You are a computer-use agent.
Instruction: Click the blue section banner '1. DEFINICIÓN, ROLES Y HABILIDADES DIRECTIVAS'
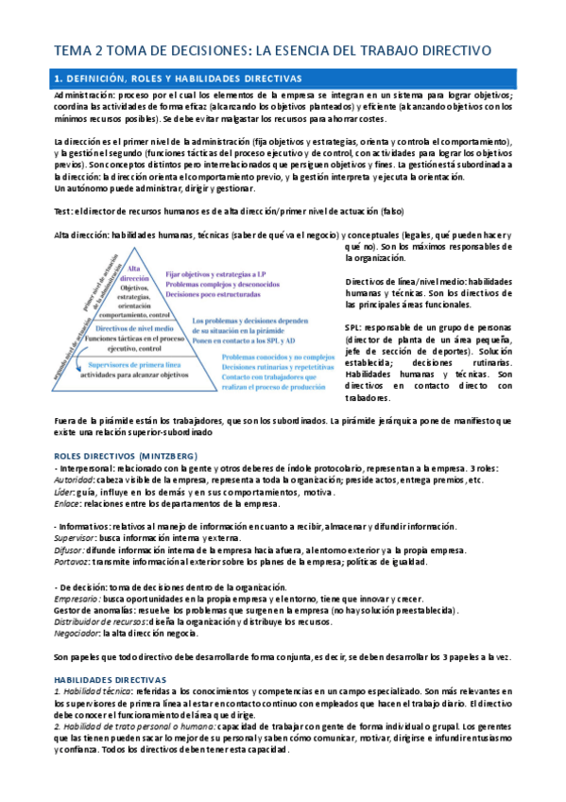point(283,78)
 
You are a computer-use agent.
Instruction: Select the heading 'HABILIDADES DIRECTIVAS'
point(110,679)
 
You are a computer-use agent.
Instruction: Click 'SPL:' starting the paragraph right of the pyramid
point(353,327)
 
